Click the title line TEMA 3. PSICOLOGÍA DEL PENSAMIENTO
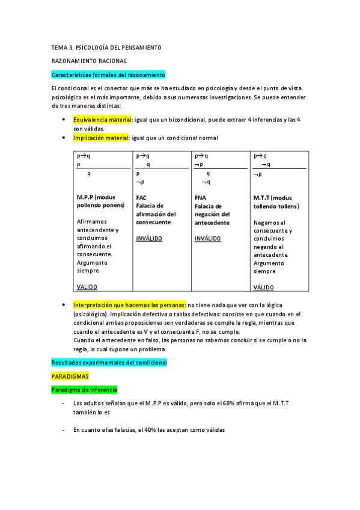(106, 47)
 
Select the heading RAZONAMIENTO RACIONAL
(89, 61)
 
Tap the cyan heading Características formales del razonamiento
(108, 75)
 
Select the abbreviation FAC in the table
(141, 197)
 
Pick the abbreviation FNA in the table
(200, 197)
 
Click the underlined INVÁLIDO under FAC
(149, 238)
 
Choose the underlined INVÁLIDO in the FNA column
(208, 238)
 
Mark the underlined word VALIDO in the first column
(87, 287)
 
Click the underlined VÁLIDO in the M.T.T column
(263, 287)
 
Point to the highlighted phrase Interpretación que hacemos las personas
(130, 305)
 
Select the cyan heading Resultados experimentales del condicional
(109, 363)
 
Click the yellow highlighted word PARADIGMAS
(70, 376)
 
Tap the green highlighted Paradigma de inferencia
(84, 390)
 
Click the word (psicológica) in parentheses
(91, 314)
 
